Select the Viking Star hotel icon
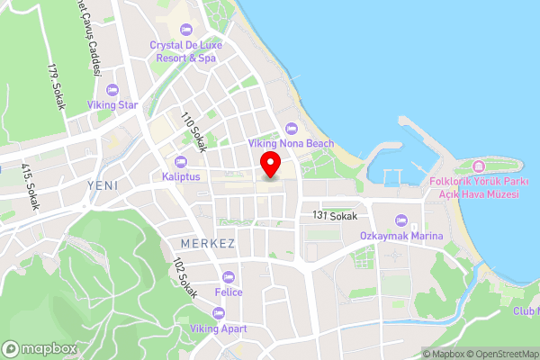[112, 90]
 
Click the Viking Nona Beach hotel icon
[290, 128]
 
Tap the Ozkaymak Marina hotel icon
[401, 220]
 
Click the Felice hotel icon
[228, 276]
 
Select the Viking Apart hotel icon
[218, 313]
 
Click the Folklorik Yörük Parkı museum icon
[478, 166]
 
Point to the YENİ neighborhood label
[103, 184]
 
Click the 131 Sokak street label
[335, 216]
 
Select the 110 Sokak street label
[193, 130]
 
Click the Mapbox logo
[39, 348]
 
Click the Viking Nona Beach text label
[291, 143]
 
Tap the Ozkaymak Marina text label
[401, 236]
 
